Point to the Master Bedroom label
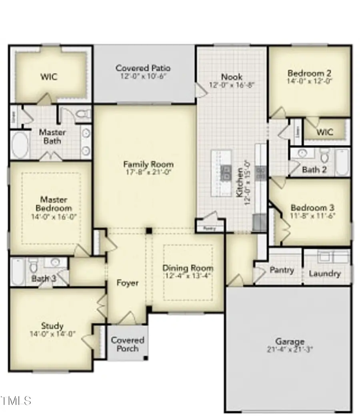click(x=54, y=204)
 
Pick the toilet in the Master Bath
click(x=83, y=115)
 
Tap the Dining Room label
click(x=188, y=268)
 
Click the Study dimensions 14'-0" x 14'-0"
click(x=52, y=334)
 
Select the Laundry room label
click(x=324, y=273)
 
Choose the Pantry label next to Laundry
click(x=282, y=270)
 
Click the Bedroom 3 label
click(x=313, y=208)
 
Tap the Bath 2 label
click(x=314, y=170)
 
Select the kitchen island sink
click(x=226, y=173)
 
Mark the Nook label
click(x=232, y=77)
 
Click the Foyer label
click(x=127, y=283)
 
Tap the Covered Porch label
click(x=128, y=344)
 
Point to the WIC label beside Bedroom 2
click(x=325, y=132)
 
